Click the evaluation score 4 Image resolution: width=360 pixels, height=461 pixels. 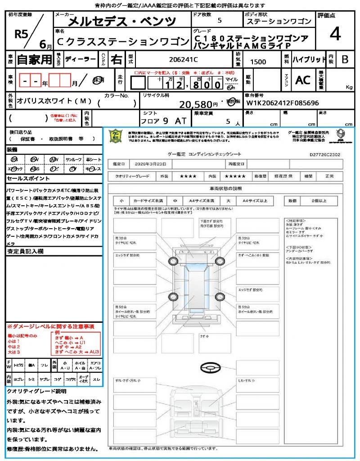tap(335, 34)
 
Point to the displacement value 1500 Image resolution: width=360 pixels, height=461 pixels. tap(258, 62)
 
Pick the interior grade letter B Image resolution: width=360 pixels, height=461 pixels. tap(344, 59)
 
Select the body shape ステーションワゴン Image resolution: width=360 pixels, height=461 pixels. tap(279, 22)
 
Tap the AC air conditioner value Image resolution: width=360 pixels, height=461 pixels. tap(302, 80)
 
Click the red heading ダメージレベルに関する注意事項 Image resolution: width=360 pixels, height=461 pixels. tap(50, 326)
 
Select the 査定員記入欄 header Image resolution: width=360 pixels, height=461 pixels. tap(25, 251)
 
